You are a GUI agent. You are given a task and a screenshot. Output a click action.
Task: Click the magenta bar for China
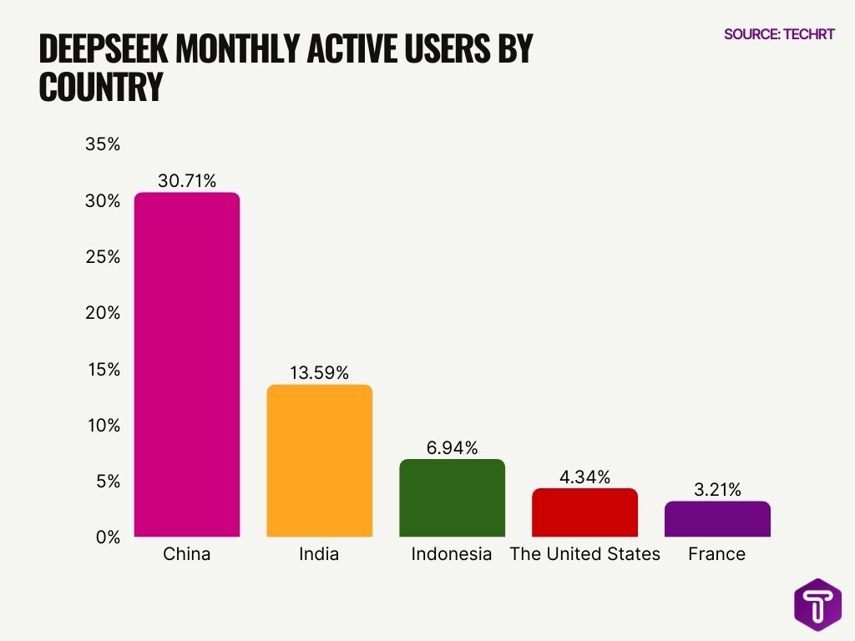point(187,365)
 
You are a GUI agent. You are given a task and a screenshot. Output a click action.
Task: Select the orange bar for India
point(319,461)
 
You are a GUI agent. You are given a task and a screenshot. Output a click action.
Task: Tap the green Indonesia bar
point(452,498)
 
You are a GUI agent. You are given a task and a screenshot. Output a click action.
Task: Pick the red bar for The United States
point(584,512)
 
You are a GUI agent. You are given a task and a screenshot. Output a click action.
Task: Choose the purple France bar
point(717,519)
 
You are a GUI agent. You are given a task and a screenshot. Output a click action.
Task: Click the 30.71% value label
point(187,180)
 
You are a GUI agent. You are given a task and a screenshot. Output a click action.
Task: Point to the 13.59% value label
point(319,372)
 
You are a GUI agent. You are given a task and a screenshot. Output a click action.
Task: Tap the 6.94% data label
point(452,448)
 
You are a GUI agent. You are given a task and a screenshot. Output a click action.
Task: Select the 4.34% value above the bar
point(584,477)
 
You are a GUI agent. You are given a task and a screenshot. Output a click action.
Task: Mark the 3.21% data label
point(717,490)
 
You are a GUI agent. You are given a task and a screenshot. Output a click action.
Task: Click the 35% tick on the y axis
point(104,144)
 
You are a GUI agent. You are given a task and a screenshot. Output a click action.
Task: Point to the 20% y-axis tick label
point(104,313)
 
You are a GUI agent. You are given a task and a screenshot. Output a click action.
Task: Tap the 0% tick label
point(108,537)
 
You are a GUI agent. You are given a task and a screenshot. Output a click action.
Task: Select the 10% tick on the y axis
point(104,425)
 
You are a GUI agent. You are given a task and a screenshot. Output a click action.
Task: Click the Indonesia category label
point(452,554)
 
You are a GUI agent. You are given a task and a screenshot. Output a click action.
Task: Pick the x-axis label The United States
point(584,554)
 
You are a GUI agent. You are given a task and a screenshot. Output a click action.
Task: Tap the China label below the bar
point(187,554)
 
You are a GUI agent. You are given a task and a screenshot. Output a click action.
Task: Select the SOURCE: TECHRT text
point(778,34)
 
